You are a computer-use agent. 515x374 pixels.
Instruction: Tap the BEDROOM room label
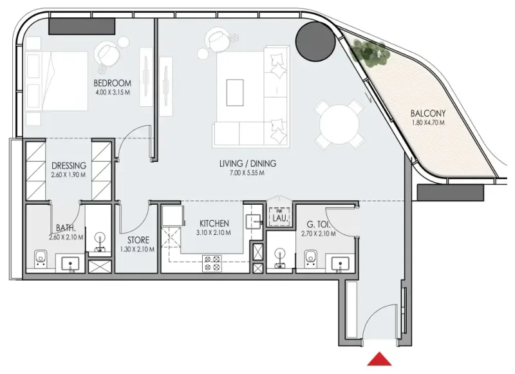tap(112, 83)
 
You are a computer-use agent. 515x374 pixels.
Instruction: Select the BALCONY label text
tap(428, 115)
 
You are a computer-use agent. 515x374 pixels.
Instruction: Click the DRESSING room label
tap(69, 165)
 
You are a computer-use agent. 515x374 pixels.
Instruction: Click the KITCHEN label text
tap(214, 223)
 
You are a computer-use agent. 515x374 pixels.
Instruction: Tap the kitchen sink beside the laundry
tap(254, 220)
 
